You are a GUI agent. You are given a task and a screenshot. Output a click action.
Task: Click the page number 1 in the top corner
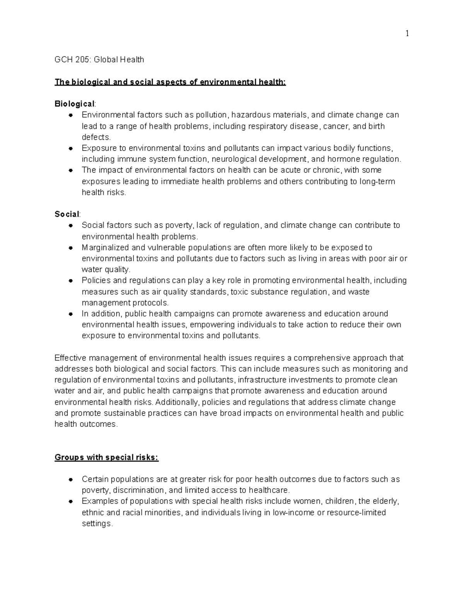(x=407, y=34)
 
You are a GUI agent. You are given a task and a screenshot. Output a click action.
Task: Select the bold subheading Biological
(x=74, y=104)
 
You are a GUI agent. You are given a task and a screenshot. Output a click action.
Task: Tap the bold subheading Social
(x=67, y=214)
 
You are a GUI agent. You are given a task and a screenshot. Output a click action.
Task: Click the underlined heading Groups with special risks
(x=106, y=457)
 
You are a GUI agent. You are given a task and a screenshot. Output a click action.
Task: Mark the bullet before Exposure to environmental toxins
(x=71, y=148)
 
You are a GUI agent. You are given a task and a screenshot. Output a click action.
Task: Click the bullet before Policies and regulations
(x=71, y=281)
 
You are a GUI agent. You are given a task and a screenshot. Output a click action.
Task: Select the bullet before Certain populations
(x=71, y=479)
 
